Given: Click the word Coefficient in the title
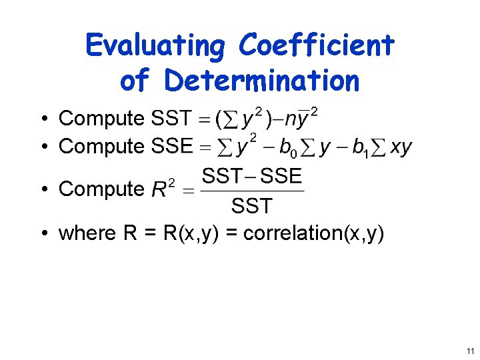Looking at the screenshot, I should (x=316, y=46).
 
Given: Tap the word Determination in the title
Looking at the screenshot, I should (x=263, y=81).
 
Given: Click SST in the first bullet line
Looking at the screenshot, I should (x=172, y=119).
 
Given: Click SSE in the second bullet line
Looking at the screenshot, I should (x=172, y=146).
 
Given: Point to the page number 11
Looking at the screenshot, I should (x=470, y=351).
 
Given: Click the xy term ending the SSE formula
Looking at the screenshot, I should (x=401, y=147).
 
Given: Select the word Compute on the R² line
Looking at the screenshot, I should (x=101, y=189).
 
